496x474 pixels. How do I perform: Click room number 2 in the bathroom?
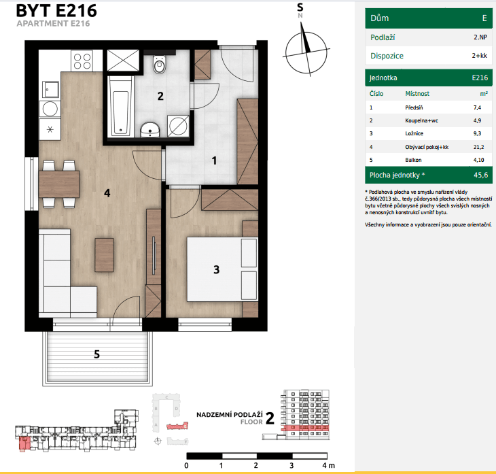[160, 96]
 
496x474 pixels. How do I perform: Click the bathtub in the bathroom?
[122, 105]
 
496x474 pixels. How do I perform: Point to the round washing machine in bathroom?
[179, 125]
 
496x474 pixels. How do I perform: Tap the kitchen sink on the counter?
[50, 88]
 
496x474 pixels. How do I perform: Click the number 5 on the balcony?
[96, 354]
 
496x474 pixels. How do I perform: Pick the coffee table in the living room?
[104, 255]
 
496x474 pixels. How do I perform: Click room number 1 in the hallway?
[214, 161]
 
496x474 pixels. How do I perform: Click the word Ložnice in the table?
[414, 133]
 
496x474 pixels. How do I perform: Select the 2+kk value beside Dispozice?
[480, 56]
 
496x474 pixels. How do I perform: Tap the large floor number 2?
[270, 418]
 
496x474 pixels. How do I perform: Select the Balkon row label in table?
[414, 160]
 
